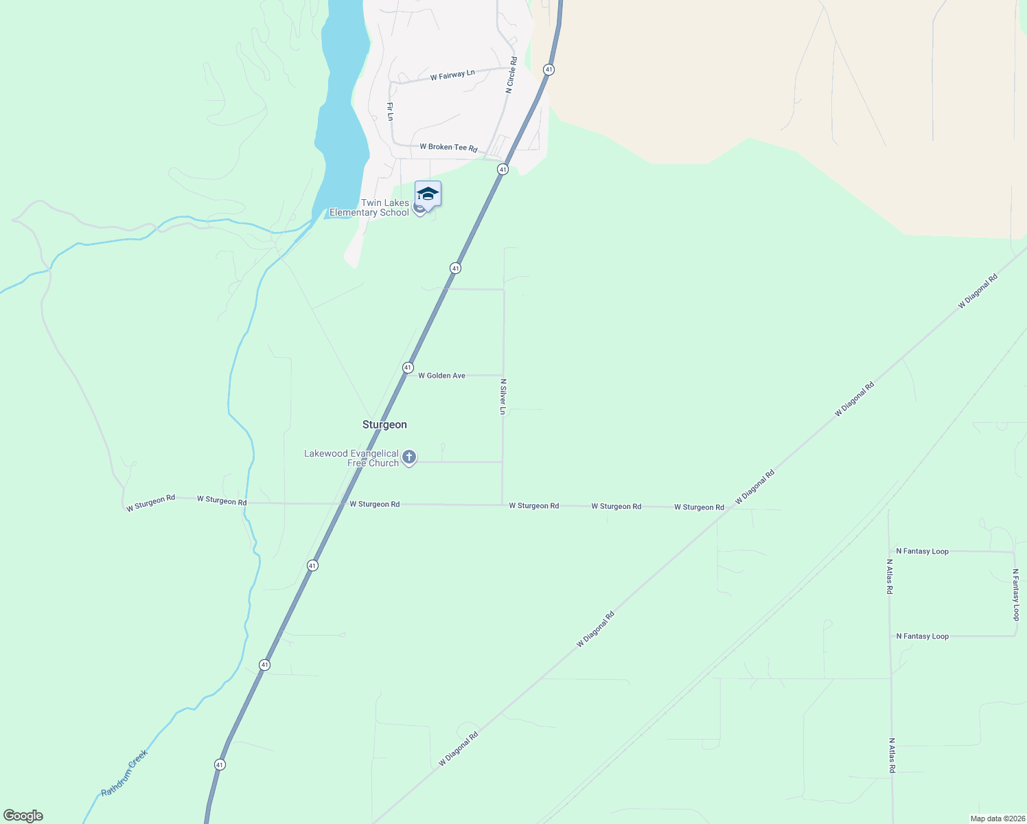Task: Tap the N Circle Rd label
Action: coord(511,75)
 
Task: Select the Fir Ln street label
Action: coord(390,111)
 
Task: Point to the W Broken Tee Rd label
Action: coord(448,148)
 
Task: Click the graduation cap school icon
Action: coord(428,194)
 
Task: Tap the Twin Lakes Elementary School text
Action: coord(369,207)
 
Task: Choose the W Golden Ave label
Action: coord(441,376)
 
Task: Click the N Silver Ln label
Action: coord(503,396)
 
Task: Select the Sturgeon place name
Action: coord(384,424)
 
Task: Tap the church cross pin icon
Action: coord(409,457)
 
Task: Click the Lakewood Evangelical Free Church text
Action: coord(351,458)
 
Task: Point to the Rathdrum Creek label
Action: coord(124,773)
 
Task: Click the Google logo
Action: coord(23,816)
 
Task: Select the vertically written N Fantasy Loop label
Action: coord(1015,594)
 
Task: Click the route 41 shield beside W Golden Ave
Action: coord(408,368)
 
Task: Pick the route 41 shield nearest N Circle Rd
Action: coord(548,69)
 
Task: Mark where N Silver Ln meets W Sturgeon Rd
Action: coord(502,505)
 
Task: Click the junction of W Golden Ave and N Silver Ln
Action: coord(503,375)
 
